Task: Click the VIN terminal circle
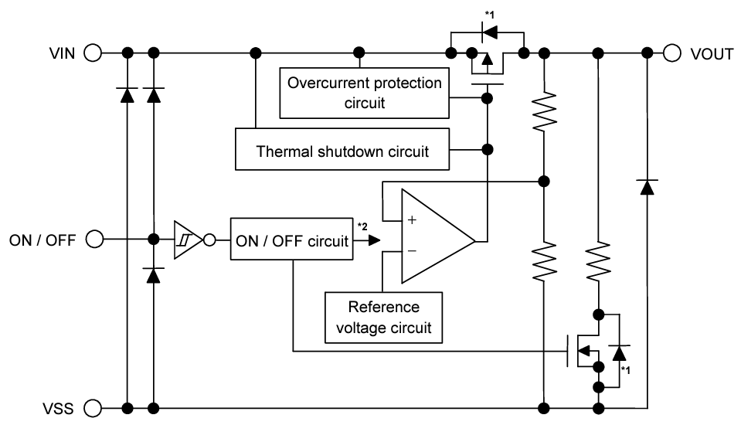(x=93, y=53)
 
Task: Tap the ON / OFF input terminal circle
(x=93, y=240)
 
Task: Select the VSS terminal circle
(x=93, y=407)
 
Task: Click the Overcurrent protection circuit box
(x=365, y=92)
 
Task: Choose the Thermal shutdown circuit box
(x=342, y=149)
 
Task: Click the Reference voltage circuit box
(x=384, y=317)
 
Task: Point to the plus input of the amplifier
(x=412, y=220)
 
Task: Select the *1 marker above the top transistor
(x=488, y=15)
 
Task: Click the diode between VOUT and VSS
(x=647, y=185)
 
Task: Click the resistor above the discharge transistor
(x=598, y=263)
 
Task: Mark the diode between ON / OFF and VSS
(x=154, y=274)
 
